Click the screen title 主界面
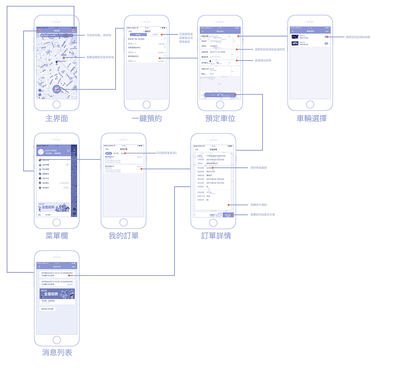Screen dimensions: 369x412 (57, 118)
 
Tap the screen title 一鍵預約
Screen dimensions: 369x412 (147, 118)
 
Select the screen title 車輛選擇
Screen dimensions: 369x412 (312, 118)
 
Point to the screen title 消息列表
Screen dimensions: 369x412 (57, 353)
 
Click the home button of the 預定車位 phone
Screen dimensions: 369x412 (220, 104)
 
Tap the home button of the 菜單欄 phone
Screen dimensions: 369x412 (57, 222)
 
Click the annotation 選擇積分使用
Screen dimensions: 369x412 (263, 61)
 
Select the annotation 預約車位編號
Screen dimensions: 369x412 (259, 168)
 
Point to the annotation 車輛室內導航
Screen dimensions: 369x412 (259, 205)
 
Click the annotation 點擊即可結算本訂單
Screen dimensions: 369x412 (263, 214)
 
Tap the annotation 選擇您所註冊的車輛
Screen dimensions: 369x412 (358, 37)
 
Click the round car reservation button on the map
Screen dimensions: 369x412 (57, 89)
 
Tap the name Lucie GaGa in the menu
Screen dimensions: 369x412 (51, 150)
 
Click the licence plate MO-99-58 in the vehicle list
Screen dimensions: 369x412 (304, 44)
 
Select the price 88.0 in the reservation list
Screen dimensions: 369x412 (130, 43)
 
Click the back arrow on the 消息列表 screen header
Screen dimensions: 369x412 (40, 267)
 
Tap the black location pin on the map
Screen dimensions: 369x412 (57, 62)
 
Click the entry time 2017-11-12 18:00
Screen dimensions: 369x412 (218, 52)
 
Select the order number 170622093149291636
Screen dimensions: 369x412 (216, 156)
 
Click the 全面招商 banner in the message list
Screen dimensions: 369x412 (57, 294)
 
